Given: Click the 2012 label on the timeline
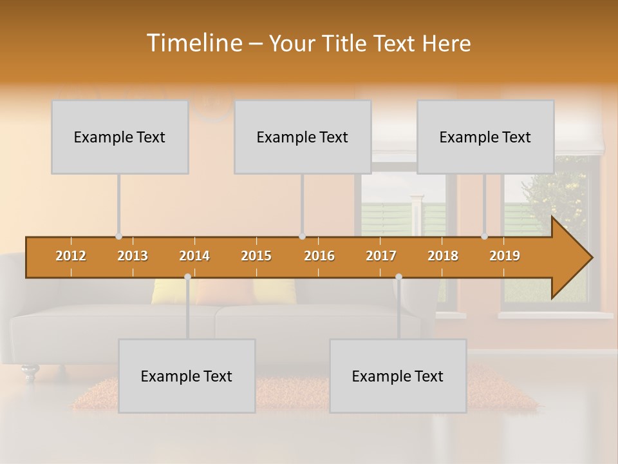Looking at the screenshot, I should pyautogui.click(x=71, y=256).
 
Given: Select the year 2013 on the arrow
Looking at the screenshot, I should pyautogui.click(x=133, y=256).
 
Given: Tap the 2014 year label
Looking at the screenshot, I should pyautogui.click(x=194, y=256).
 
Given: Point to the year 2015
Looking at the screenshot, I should pyautogui.click(x=256, y=256).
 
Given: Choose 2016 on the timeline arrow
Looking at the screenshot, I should pyautogui.click(x=319, y=256).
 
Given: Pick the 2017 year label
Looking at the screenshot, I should pyautogui.click(x=381, y=256).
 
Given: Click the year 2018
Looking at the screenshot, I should pyautogui.click(x=443, y=256).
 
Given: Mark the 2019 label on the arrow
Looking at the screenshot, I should pyautogui.click(x=505, y=256).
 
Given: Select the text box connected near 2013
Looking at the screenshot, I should pyautogui.click(x=120, y=137).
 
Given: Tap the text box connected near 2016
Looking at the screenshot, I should pyautogui.click(x=303, y=137).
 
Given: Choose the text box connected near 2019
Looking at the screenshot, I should pyautogui.click(x=485, y=137).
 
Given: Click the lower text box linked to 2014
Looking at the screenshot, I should pyautogui.click(x=187, y=376).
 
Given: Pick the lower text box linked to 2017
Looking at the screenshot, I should pyautogui.click(x=398, y=376).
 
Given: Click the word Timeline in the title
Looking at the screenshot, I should pyautogui.click(x=193, y=43).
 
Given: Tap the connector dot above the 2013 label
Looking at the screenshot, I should pyautogui.click(x=118, y=237).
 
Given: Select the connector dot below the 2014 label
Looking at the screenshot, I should pyautogui.click(x=187, y=277).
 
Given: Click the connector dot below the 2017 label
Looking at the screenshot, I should pyautogui.click(x=398, y=277).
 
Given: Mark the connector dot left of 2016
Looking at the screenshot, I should pyautogui.click(x=302, y=237).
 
